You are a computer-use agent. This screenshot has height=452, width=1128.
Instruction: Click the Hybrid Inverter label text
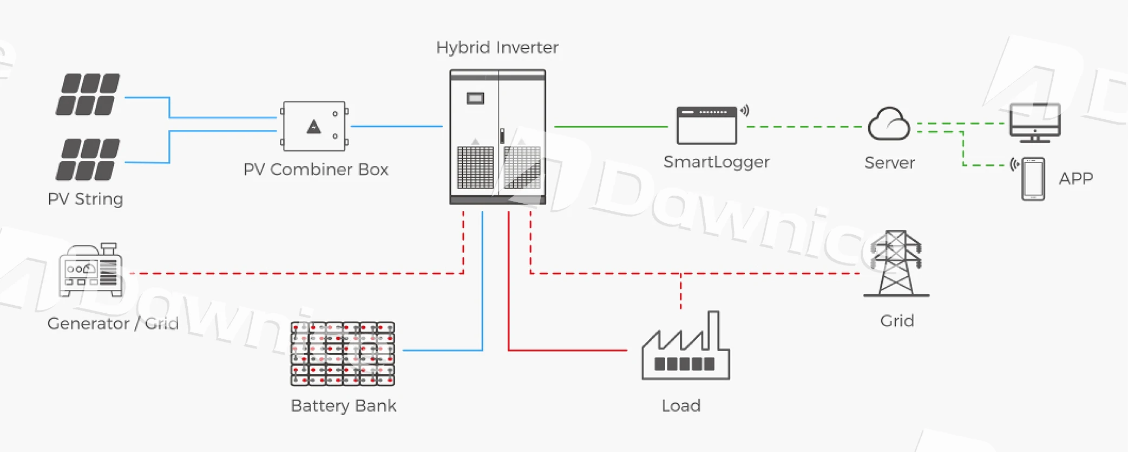point(497,48)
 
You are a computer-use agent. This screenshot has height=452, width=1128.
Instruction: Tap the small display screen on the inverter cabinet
point(475,99)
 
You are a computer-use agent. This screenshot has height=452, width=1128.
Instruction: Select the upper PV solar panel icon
point(88,94)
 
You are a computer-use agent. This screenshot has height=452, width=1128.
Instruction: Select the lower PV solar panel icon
point(88,159)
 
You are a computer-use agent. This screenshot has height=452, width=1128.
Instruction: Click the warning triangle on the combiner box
point(314,127)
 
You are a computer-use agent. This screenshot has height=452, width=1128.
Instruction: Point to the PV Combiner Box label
point(316,170)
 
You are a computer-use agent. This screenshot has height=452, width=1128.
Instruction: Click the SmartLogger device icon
point(707,126)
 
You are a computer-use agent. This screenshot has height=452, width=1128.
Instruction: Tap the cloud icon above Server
point(889,125)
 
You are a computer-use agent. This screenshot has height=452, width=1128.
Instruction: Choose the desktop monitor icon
point(1034,122)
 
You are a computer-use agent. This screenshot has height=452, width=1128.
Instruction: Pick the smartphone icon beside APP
point(1033,179)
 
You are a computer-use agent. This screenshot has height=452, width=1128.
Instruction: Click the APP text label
point(1075,178)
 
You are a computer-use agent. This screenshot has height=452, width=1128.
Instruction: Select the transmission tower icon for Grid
point(896,264)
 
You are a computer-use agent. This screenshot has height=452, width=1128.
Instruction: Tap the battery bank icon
point(343,353)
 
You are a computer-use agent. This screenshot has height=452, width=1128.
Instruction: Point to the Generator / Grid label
point(113,324)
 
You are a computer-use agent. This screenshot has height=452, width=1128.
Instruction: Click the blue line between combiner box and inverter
point(397,126)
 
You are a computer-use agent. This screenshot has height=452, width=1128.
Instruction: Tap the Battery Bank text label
point(343,406)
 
